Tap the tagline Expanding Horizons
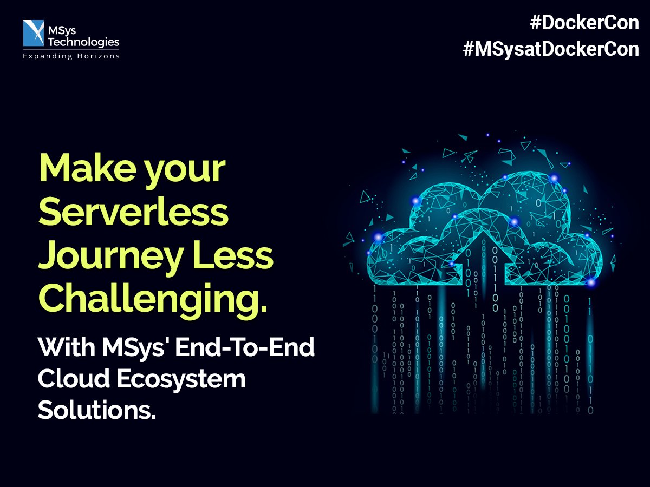tap(71, 56)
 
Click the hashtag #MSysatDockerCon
tap(551, 49)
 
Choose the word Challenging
tap(153, 299)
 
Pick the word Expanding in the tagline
tap(47, 56)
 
